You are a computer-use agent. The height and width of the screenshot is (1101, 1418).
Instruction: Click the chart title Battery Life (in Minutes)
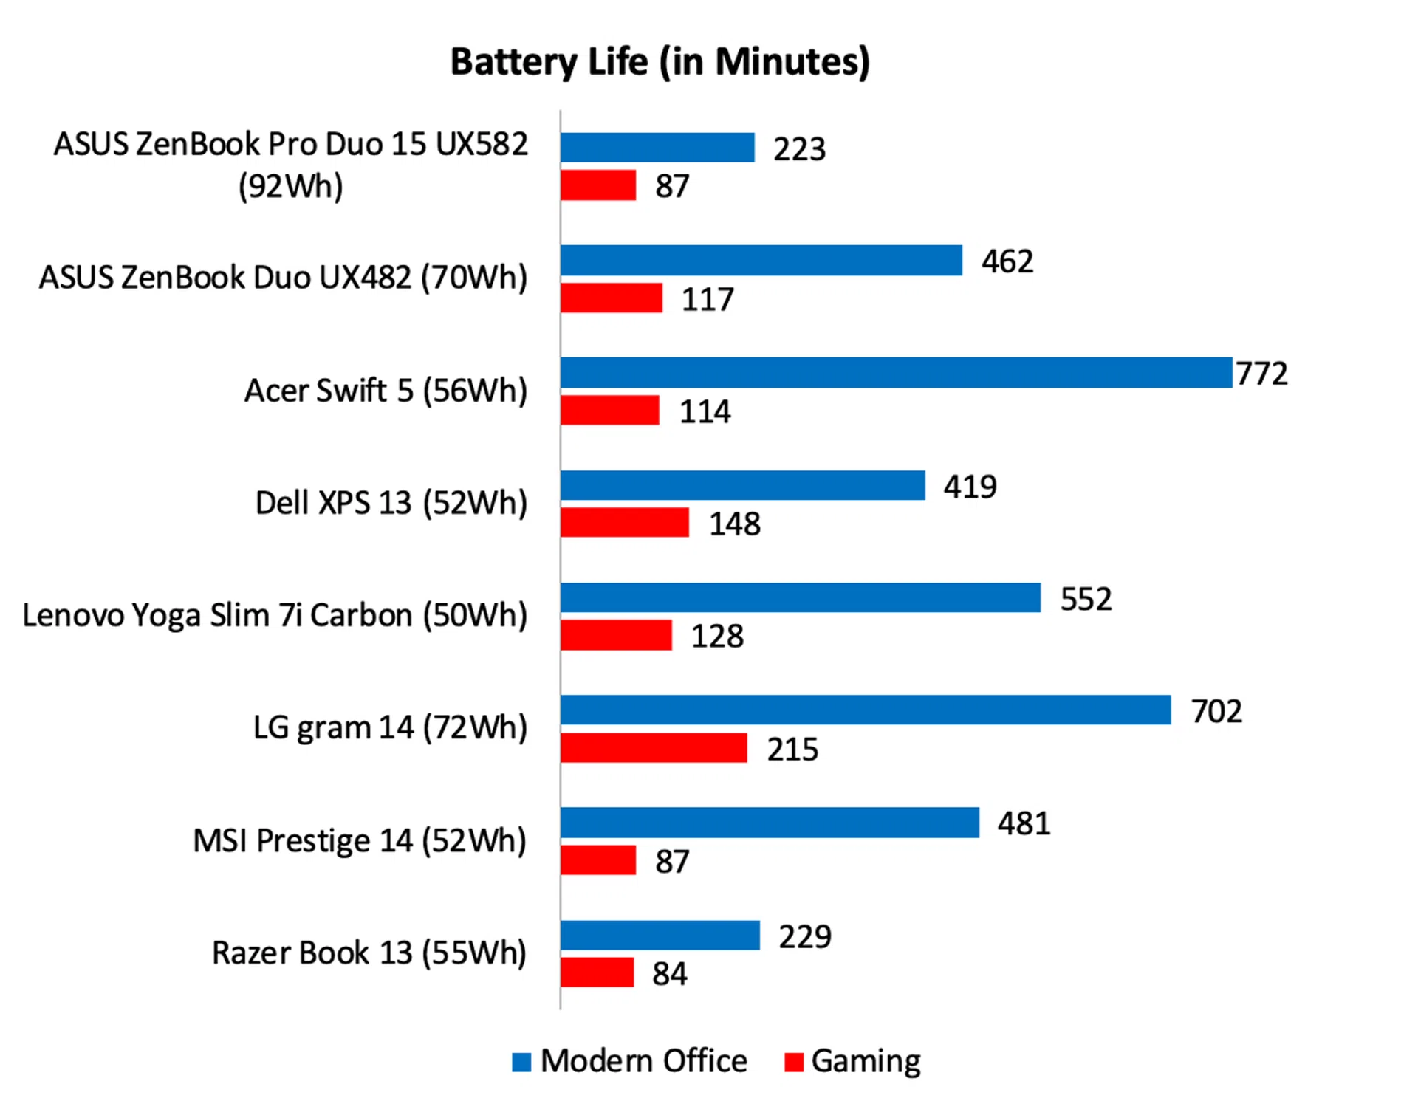point(660,62)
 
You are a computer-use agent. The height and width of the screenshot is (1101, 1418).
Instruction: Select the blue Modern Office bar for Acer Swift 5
point(896,373)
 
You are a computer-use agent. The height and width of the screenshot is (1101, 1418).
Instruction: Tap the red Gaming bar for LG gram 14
point(654,748)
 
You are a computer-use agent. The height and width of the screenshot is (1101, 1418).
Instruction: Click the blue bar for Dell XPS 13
point(742,486)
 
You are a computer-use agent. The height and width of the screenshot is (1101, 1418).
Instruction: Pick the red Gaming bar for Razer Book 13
point(597,973)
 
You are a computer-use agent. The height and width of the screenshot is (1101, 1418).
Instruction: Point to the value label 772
point(1262,374)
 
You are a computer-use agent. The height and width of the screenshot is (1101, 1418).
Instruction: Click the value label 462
point(1007,261)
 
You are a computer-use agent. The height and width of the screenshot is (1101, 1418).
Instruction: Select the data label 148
point(735,524)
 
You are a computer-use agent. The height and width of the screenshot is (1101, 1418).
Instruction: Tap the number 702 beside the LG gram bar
point(1216,711)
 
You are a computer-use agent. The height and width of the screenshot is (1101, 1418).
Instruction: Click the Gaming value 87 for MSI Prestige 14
point(672,862)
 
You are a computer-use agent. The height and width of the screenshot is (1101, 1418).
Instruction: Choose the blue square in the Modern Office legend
point(521,1063)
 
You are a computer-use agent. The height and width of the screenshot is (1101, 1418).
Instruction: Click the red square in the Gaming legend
point(794,1063)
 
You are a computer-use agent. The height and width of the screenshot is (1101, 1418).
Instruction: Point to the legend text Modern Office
point(643,1061)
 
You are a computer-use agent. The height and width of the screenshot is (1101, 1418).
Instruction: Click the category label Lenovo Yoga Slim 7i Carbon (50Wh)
point(275,616)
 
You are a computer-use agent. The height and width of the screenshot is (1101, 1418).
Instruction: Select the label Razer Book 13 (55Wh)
point(369,953)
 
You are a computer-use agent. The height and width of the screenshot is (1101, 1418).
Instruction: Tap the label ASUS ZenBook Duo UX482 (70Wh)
point(283,278)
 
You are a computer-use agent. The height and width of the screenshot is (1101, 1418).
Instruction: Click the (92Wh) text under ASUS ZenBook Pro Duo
point(290,186)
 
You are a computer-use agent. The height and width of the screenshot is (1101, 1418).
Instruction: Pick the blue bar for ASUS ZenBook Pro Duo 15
point(657,148)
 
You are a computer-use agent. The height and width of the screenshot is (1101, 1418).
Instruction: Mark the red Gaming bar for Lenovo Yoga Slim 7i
point(616,635)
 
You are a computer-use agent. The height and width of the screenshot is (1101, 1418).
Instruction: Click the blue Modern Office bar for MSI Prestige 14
point(770,823)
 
